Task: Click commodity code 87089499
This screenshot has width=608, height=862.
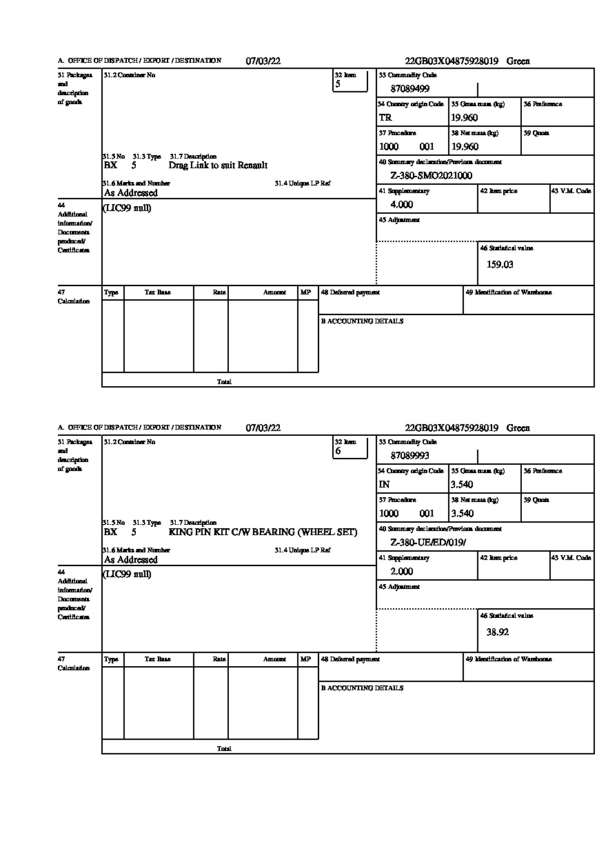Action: click(x=410, y=89)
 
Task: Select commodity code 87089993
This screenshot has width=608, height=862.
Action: click(x=410, y=456)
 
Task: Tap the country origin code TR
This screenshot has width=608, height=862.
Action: click(x=385, y=118)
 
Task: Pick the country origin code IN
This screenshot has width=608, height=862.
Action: click(x=385, y=485)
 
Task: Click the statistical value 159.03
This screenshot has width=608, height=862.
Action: click(x=500, y=264)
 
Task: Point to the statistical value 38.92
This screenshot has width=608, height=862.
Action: click(x=498, y=631)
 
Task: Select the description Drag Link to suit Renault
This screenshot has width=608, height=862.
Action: click(x=218, y=166)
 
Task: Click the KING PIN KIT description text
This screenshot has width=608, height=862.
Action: click(x=263, y=532)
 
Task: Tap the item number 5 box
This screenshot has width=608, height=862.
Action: click(x=350, y=81)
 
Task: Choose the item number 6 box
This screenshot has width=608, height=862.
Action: click(x=350, y=448)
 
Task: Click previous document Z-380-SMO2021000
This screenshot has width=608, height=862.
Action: click(x=431, y=176)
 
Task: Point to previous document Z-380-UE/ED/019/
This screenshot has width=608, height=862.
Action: click(x=428, y=543)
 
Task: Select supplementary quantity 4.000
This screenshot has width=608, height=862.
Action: click(x=402, y=205)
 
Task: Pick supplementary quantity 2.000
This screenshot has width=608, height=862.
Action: click(x=402, y=572)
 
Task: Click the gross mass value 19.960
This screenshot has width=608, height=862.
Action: click(x=465, y=118)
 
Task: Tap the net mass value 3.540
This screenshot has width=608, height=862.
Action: click(x=463, y=514)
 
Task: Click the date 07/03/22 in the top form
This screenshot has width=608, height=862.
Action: click(x=263, y=61)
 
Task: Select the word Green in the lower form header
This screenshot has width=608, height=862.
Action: click(x=518, y=428)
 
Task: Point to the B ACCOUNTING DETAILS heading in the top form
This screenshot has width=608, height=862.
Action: click(x=362, y=321)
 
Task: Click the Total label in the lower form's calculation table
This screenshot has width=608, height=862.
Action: click(x=224, y=748)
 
